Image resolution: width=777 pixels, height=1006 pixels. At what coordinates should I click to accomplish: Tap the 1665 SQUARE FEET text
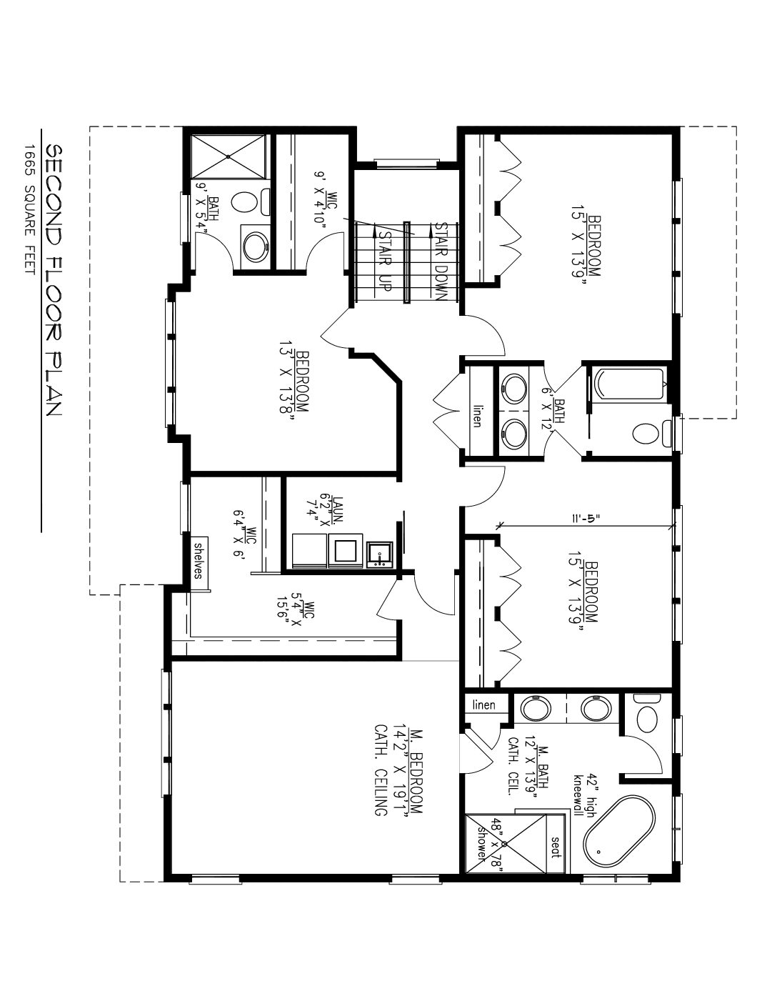coord(29,209)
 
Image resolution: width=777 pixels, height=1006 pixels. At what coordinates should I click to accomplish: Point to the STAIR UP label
coord(385,260)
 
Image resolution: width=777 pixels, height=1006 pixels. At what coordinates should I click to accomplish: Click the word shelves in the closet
coord(198,561)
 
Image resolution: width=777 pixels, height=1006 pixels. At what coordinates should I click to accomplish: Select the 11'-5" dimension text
coord(584,519)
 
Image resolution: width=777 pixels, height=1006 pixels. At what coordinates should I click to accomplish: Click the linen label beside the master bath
coord(483,706)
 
